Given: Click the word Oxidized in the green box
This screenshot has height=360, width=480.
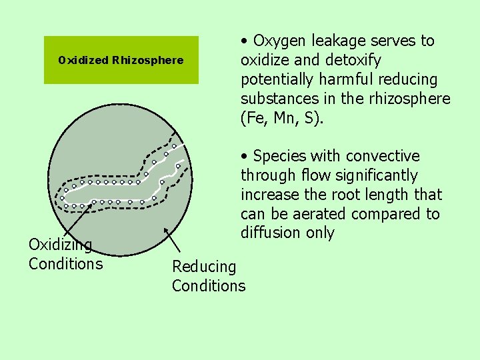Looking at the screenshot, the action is tap(83, 61).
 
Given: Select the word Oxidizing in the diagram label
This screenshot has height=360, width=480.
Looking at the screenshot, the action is tap(60, 245).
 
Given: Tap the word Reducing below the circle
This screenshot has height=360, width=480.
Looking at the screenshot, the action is tap(204, 267).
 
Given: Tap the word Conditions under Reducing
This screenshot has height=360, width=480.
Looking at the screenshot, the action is tap(209, 287).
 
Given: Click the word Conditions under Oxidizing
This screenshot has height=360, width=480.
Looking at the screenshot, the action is tap(65, 264).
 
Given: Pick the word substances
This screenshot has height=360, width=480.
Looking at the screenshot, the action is tap(274, 99).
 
